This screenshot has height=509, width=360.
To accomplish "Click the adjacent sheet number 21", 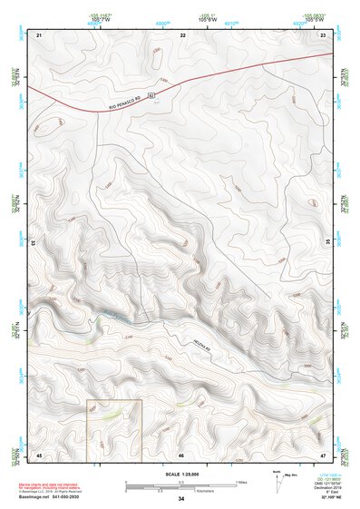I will click(39, 34).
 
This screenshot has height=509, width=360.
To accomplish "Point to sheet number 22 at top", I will click(182, 34).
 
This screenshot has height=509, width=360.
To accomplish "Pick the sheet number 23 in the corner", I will click(323, 34).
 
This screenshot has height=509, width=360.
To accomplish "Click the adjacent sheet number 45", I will click(39, 454).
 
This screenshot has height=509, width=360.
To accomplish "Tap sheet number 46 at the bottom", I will click(181, 454).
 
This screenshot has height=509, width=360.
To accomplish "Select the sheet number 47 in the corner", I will click(323, 454).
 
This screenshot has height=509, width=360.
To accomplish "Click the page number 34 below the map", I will click(181, 499).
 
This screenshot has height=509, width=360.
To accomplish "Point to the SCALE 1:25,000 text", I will click(181, 474).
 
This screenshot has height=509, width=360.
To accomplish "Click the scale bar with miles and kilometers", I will click(181, 485).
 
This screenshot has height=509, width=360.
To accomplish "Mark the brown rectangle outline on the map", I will click(114, 427).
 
